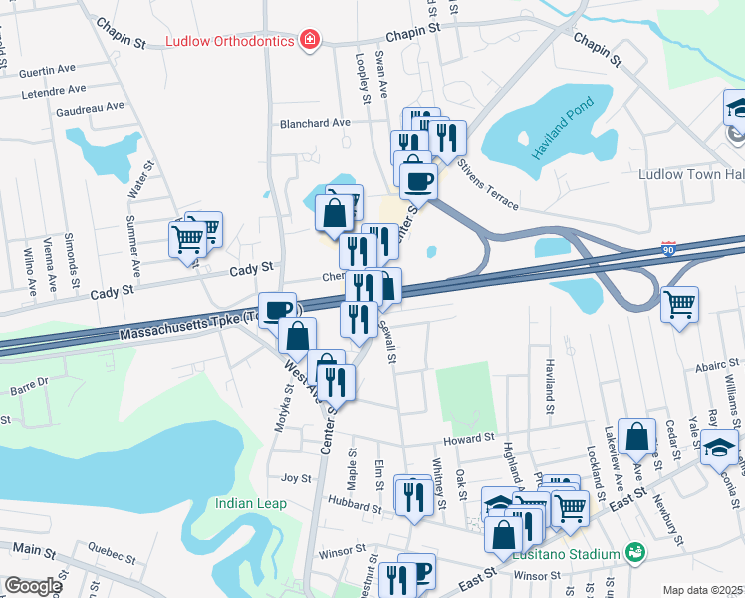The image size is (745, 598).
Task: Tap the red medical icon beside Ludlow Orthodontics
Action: [310, 40]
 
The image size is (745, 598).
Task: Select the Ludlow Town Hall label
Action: [691, 174]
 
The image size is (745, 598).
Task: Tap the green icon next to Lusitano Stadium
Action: [632, 552]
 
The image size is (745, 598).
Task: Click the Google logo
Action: [32, 586]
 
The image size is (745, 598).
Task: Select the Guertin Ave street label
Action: [48, 69]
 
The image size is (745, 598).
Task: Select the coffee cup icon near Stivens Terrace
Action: [418, 182]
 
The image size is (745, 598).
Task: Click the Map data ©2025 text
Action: [702, 590]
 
